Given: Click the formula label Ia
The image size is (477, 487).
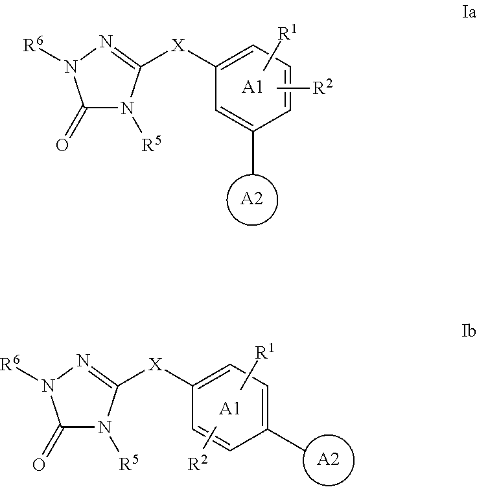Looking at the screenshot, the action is (469, 13).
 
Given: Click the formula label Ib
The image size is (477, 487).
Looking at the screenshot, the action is (469, 331).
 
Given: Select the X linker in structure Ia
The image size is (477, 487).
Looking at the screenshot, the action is (178, 45).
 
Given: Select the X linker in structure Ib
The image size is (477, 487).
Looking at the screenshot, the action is (156, 364).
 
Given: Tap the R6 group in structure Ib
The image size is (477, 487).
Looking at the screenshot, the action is (10, 363).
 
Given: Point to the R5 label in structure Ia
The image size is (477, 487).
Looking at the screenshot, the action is (152, 145).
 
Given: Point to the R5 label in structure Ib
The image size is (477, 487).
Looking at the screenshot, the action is (128, 463).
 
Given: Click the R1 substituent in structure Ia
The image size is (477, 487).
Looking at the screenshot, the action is (287, 32).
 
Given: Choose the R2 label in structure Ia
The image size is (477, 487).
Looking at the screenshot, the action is (323, 87).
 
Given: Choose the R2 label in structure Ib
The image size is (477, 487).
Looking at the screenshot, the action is (198, 463).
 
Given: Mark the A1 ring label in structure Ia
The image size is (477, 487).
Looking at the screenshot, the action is (252, 88).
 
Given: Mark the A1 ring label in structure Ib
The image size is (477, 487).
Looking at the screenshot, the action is (229, 409).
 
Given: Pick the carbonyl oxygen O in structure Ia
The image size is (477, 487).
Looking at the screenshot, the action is (62, 145).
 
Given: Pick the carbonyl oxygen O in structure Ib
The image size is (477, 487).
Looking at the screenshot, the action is (39, 465).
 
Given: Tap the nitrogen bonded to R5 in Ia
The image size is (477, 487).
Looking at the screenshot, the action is (127, 108).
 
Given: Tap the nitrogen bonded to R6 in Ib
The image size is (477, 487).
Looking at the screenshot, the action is (48, 385).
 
